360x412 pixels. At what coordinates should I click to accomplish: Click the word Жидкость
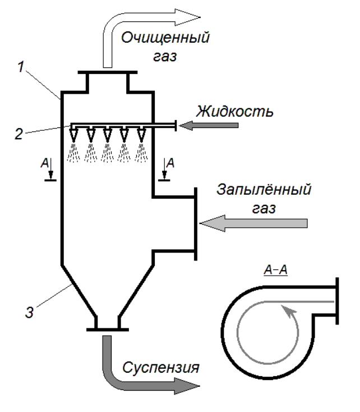click(x=234, y=111)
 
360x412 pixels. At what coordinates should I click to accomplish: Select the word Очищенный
click(x=167, y=39)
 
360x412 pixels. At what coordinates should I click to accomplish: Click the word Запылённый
click(x=264, y=190)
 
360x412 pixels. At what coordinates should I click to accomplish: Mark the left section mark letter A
click(x=43, y=163)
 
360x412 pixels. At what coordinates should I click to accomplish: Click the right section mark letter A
click(x=173, y=163)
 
